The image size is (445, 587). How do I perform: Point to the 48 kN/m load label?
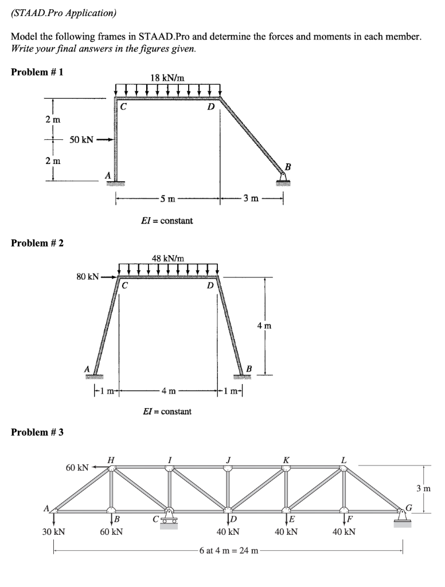167,258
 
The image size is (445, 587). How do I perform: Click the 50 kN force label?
81,139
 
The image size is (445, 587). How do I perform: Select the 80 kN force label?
88,276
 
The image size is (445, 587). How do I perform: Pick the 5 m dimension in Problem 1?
167,199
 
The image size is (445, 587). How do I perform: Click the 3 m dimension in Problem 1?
251,199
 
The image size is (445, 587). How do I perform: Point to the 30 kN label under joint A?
54,531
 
